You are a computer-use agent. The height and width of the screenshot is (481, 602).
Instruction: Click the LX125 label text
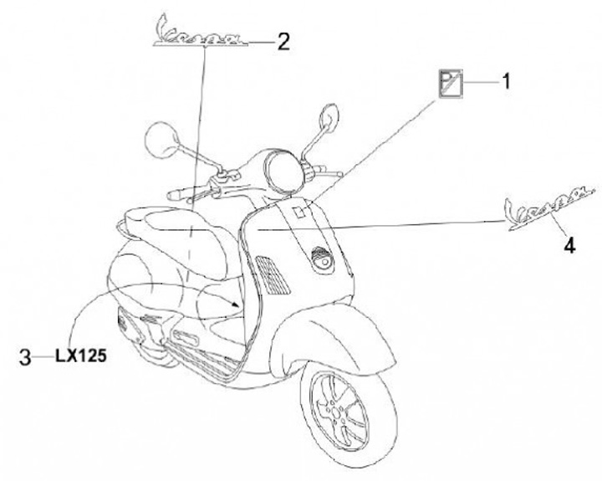coord(81,356)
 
